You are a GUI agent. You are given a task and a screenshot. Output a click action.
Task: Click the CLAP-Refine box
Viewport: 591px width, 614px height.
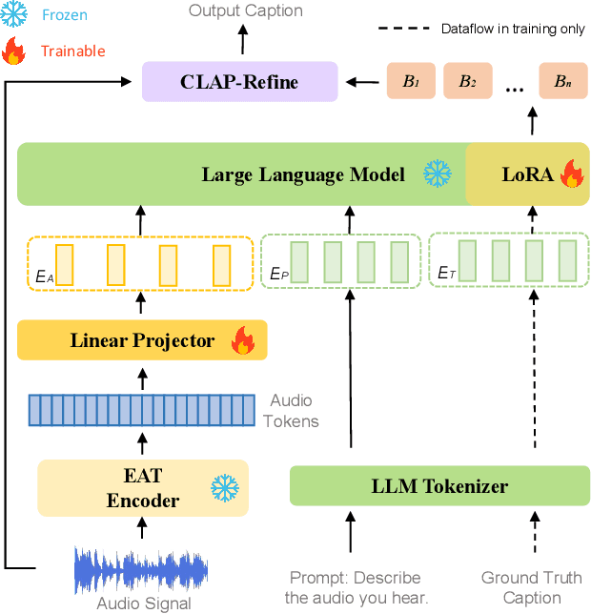point(239,82)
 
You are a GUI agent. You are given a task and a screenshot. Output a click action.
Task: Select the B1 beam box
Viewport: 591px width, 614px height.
point(410,82)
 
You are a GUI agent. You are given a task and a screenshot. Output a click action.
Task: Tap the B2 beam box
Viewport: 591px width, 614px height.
point(467,82)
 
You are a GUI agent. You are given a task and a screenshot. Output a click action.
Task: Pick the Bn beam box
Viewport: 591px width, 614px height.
point(562,82)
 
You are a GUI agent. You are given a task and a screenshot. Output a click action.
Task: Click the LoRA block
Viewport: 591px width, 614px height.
point(527,174)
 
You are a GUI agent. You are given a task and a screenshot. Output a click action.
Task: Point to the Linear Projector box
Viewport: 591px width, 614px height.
point(142,340)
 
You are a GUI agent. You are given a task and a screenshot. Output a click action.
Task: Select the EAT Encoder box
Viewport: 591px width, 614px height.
point(142,488)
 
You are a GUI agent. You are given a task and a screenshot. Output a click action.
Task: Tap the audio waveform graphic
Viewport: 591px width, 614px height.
point(141,569)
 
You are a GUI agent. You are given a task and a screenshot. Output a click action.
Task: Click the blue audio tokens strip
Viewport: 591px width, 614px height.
point(142,409)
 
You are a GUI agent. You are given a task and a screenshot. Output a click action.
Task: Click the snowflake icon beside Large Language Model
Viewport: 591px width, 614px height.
point(437,174)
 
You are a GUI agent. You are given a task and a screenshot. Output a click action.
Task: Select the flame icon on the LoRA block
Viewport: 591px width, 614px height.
point(570,174)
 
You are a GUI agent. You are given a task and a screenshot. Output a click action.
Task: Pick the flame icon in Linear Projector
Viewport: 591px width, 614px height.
point(243,340)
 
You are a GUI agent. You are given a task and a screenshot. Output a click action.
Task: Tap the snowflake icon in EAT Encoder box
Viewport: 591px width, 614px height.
point(224,489)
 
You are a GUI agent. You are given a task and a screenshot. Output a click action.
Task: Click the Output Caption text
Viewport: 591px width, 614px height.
point(245,11)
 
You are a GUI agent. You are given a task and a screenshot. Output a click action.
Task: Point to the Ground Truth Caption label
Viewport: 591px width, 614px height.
point(533,587)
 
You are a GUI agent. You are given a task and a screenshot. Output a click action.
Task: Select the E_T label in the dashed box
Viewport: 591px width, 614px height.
point(444,274)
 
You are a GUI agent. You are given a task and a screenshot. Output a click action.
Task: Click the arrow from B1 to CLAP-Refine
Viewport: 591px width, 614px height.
point(362,83)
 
